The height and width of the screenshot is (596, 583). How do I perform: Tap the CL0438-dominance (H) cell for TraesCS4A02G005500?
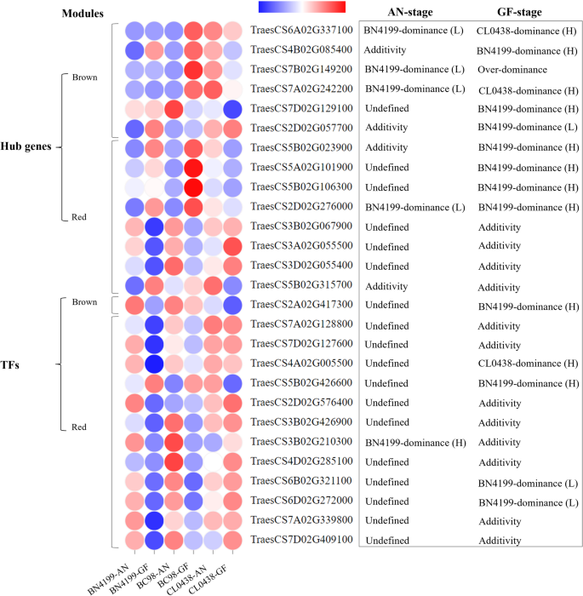[x=518, y=363]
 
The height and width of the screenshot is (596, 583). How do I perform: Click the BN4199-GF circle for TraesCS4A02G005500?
[x=152, y=363]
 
